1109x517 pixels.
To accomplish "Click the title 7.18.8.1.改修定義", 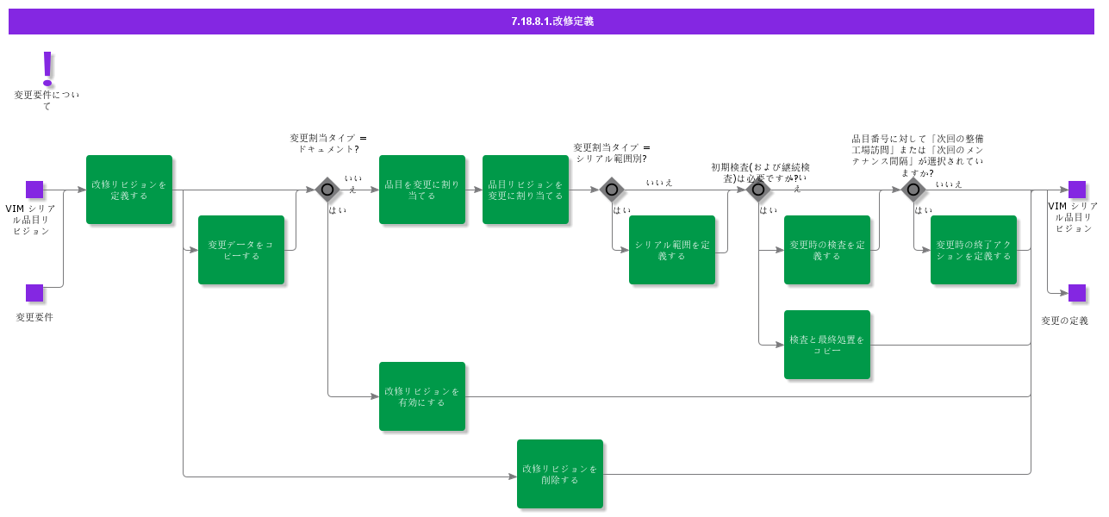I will [x=551, y=22].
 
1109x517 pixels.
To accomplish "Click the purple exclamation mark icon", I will [x=47, y=68].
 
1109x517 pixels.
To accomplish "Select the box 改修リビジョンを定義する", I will [x=129, y=190].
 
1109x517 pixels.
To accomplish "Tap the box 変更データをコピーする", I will [x=241, y=250].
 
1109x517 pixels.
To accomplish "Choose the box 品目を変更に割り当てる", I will [x=422, y=190].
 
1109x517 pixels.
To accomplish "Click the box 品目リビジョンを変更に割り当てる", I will [x=526, y=190].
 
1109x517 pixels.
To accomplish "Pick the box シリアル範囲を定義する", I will [x=672, y=250].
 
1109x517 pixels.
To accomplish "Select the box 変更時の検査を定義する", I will [x=827, y=250].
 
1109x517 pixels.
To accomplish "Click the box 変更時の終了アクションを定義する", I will [x=974, y=250].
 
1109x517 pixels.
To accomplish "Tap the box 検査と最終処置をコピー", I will [x=827, y=345].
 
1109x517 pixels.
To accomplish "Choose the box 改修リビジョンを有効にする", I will [x=422, y=396].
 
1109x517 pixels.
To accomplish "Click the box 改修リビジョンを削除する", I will [x=560, y=474].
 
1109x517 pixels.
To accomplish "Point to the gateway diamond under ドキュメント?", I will [x=327, y=190].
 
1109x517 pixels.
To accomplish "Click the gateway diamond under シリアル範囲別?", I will [x=612, y=190].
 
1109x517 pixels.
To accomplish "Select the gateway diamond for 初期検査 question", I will [x=758, y=190].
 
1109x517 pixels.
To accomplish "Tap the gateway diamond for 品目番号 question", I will [x=913, y=190].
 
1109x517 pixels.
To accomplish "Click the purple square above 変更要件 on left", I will [x=34, y=293].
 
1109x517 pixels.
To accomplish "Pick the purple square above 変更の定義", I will [x=1077, y=293].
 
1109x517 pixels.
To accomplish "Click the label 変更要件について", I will [x=47, y=100].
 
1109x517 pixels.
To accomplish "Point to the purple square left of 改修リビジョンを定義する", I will [x=34, y=190].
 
